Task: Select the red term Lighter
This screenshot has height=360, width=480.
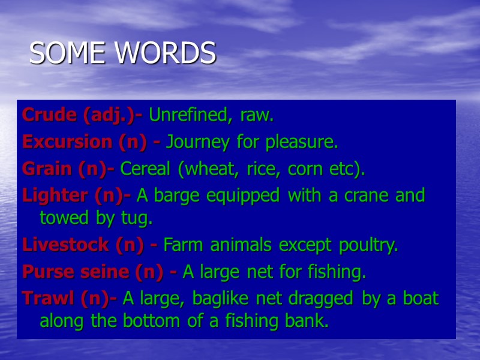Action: pos(49,196)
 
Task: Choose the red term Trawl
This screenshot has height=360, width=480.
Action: pos(42,298)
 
